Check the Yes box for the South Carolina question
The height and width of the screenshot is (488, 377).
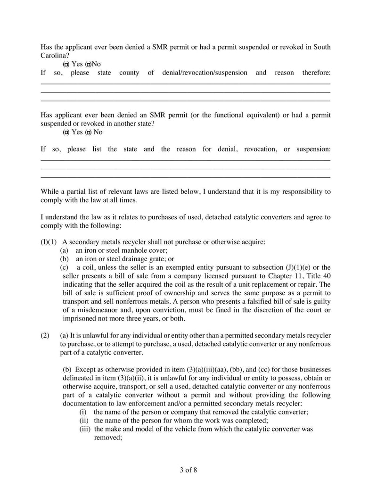coord(66,64)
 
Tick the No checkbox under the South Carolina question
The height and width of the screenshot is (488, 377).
coord(88,64)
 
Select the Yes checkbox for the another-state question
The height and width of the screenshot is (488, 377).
coord(66,132)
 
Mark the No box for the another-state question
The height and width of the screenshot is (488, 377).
coord(88,132)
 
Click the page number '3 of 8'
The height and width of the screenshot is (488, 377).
coord(188,470)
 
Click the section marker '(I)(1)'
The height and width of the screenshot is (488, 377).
coord(49,242)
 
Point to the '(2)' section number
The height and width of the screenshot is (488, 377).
coord(45,336)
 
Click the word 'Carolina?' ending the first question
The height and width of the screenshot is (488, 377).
coord(55,56)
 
